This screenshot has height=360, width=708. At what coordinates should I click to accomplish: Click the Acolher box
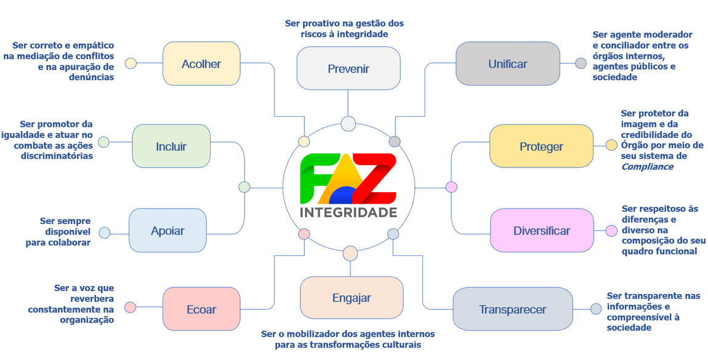201,64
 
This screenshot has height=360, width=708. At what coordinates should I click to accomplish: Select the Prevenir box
348,68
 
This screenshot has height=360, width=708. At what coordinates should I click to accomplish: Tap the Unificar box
507,64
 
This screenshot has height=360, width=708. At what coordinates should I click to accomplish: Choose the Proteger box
541,146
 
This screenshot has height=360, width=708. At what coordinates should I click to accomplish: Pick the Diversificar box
542,231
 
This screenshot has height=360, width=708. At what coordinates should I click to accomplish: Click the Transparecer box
512,310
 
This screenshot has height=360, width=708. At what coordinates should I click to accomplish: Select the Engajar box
352,298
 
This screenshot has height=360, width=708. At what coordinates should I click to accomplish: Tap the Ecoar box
201,310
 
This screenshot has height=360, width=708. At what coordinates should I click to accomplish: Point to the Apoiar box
167,231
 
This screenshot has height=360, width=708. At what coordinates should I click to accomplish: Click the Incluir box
171,146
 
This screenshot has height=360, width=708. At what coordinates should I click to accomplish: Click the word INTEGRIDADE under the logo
348,212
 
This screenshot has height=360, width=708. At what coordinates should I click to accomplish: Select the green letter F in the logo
313,178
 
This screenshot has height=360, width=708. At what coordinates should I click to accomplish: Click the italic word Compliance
647,167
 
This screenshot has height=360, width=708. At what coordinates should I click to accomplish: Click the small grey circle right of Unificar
581,63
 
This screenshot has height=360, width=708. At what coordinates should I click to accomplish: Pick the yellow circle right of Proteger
611,145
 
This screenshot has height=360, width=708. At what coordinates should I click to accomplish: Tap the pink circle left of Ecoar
130,307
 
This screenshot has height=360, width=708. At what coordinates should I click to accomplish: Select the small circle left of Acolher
131,63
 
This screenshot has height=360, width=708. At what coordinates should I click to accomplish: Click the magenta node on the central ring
451,186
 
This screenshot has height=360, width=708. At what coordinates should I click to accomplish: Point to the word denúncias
92,78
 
